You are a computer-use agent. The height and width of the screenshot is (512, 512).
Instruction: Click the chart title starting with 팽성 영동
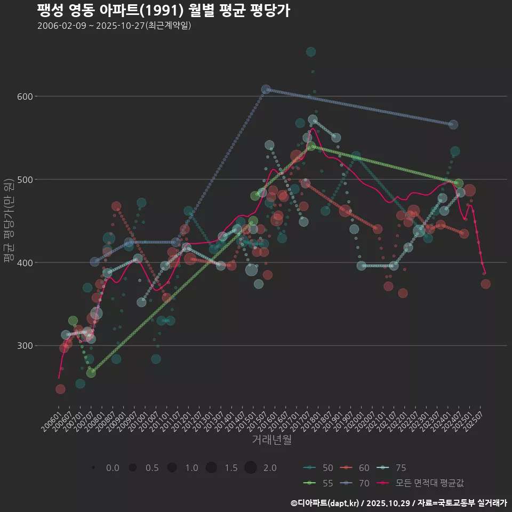164,10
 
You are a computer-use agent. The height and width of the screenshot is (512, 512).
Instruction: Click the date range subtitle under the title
114,26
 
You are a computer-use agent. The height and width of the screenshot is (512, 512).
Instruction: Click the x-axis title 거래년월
271,440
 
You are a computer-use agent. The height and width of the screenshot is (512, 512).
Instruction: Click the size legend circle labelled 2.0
251,468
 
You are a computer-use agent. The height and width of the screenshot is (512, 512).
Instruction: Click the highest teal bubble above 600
311,52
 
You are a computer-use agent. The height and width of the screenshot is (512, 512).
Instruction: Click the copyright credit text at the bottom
398,503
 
